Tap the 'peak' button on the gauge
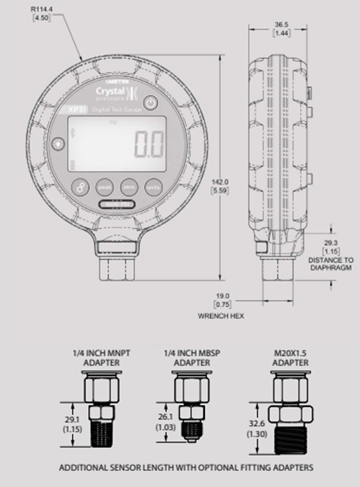click(105, 185)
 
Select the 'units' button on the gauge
click(152, 185)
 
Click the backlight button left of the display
click(56, 144)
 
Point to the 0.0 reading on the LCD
click(150, 144)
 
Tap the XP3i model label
click(72, 109)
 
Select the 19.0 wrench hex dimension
click(222, 295)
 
